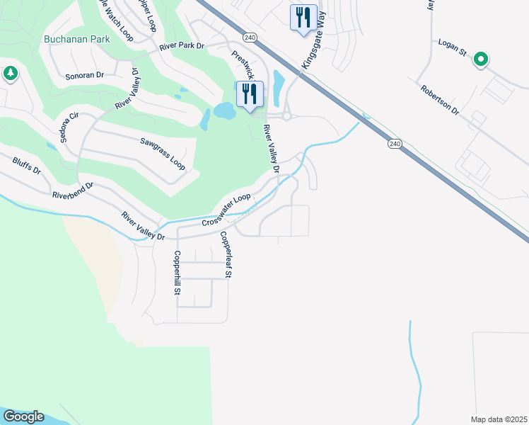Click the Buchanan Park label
(76, 39)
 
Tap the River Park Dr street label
(181, 46)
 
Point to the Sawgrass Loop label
(162, 154)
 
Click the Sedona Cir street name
(68, 127)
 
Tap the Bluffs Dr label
(27, 166)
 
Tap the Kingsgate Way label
(312, 48)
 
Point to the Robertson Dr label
(440, 101)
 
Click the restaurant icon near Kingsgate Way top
(303, 17)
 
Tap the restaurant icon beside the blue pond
(250, 93)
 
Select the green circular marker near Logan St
(481, 59)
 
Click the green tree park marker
(10, 73)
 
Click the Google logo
(23, 416)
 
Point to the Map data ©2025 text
(499, 419)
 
